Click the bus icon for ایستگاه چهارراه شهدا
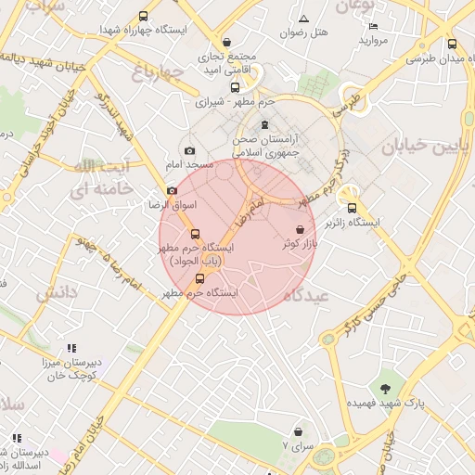click(143, 16)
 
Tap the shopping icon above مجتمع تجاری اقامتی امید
click(228, 43)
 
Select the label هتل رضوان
click(305, 32)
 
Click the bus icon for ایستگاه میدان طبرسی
click(452, 44)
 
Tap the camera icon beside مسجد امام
click(190, 150)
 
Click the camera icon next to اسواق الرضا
click(172, 190)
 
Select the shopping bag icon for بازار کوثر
click(300, 229)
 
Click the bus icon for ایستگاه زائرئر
click(351, 208)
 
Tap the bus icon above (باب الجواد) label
click(195, 234)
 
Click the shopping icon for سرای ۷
click(298, 431)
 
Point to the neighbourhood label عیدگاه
click(306, 295)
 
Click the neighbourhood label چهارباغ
click(152, 72)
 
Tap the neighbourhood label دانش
click(58, 293)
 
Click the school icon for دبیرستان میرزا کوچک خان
click(71, 348)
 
